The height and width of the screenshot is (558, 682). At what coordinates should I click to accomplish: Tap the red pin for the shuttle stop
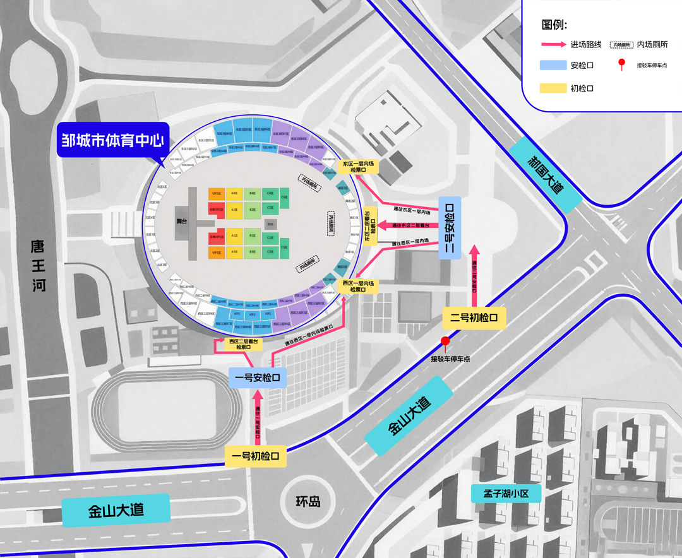coord(445,342)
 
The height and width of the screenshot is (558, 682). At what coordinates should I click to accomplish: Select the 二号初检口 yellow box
coord(474,318)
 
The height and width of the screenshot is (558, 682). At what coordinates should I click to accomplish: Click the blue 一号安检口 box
coord(258,377)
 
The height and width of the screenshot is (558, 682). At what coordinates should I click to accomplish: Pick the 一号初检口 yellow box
coord(256,456)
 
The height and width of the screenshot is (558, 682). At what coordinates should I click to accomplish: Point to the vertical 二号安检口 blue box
coord(450,227)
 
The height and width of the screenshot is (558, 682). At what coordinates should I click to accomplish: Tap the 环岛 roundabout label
coord(308,502)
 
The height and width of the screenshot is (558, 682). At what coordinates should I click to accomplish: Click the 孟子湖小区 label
coord(506,493)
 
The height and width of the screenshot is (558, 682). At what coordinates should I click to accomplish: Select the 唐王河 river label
coord(40,265)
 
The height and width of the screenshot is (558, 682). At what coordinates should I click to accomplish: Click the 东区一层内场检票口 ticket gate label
coord(358,167)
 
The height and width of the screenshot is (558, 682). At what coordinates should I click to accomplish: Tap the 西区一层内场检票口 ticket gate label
coord(358,287)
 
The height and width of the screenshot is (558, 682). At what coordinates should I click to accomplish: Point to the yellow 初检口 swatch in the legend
coord(553,88)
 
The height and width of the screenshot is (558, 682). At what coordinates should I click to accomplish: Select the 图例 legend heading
coord(554,25)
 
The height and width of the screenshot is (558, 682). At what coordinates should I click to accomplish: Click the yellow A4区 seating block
coord(234,193)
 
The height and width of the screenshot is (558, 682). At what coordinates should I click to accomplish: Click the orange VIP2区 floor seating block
coord(216,193)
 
